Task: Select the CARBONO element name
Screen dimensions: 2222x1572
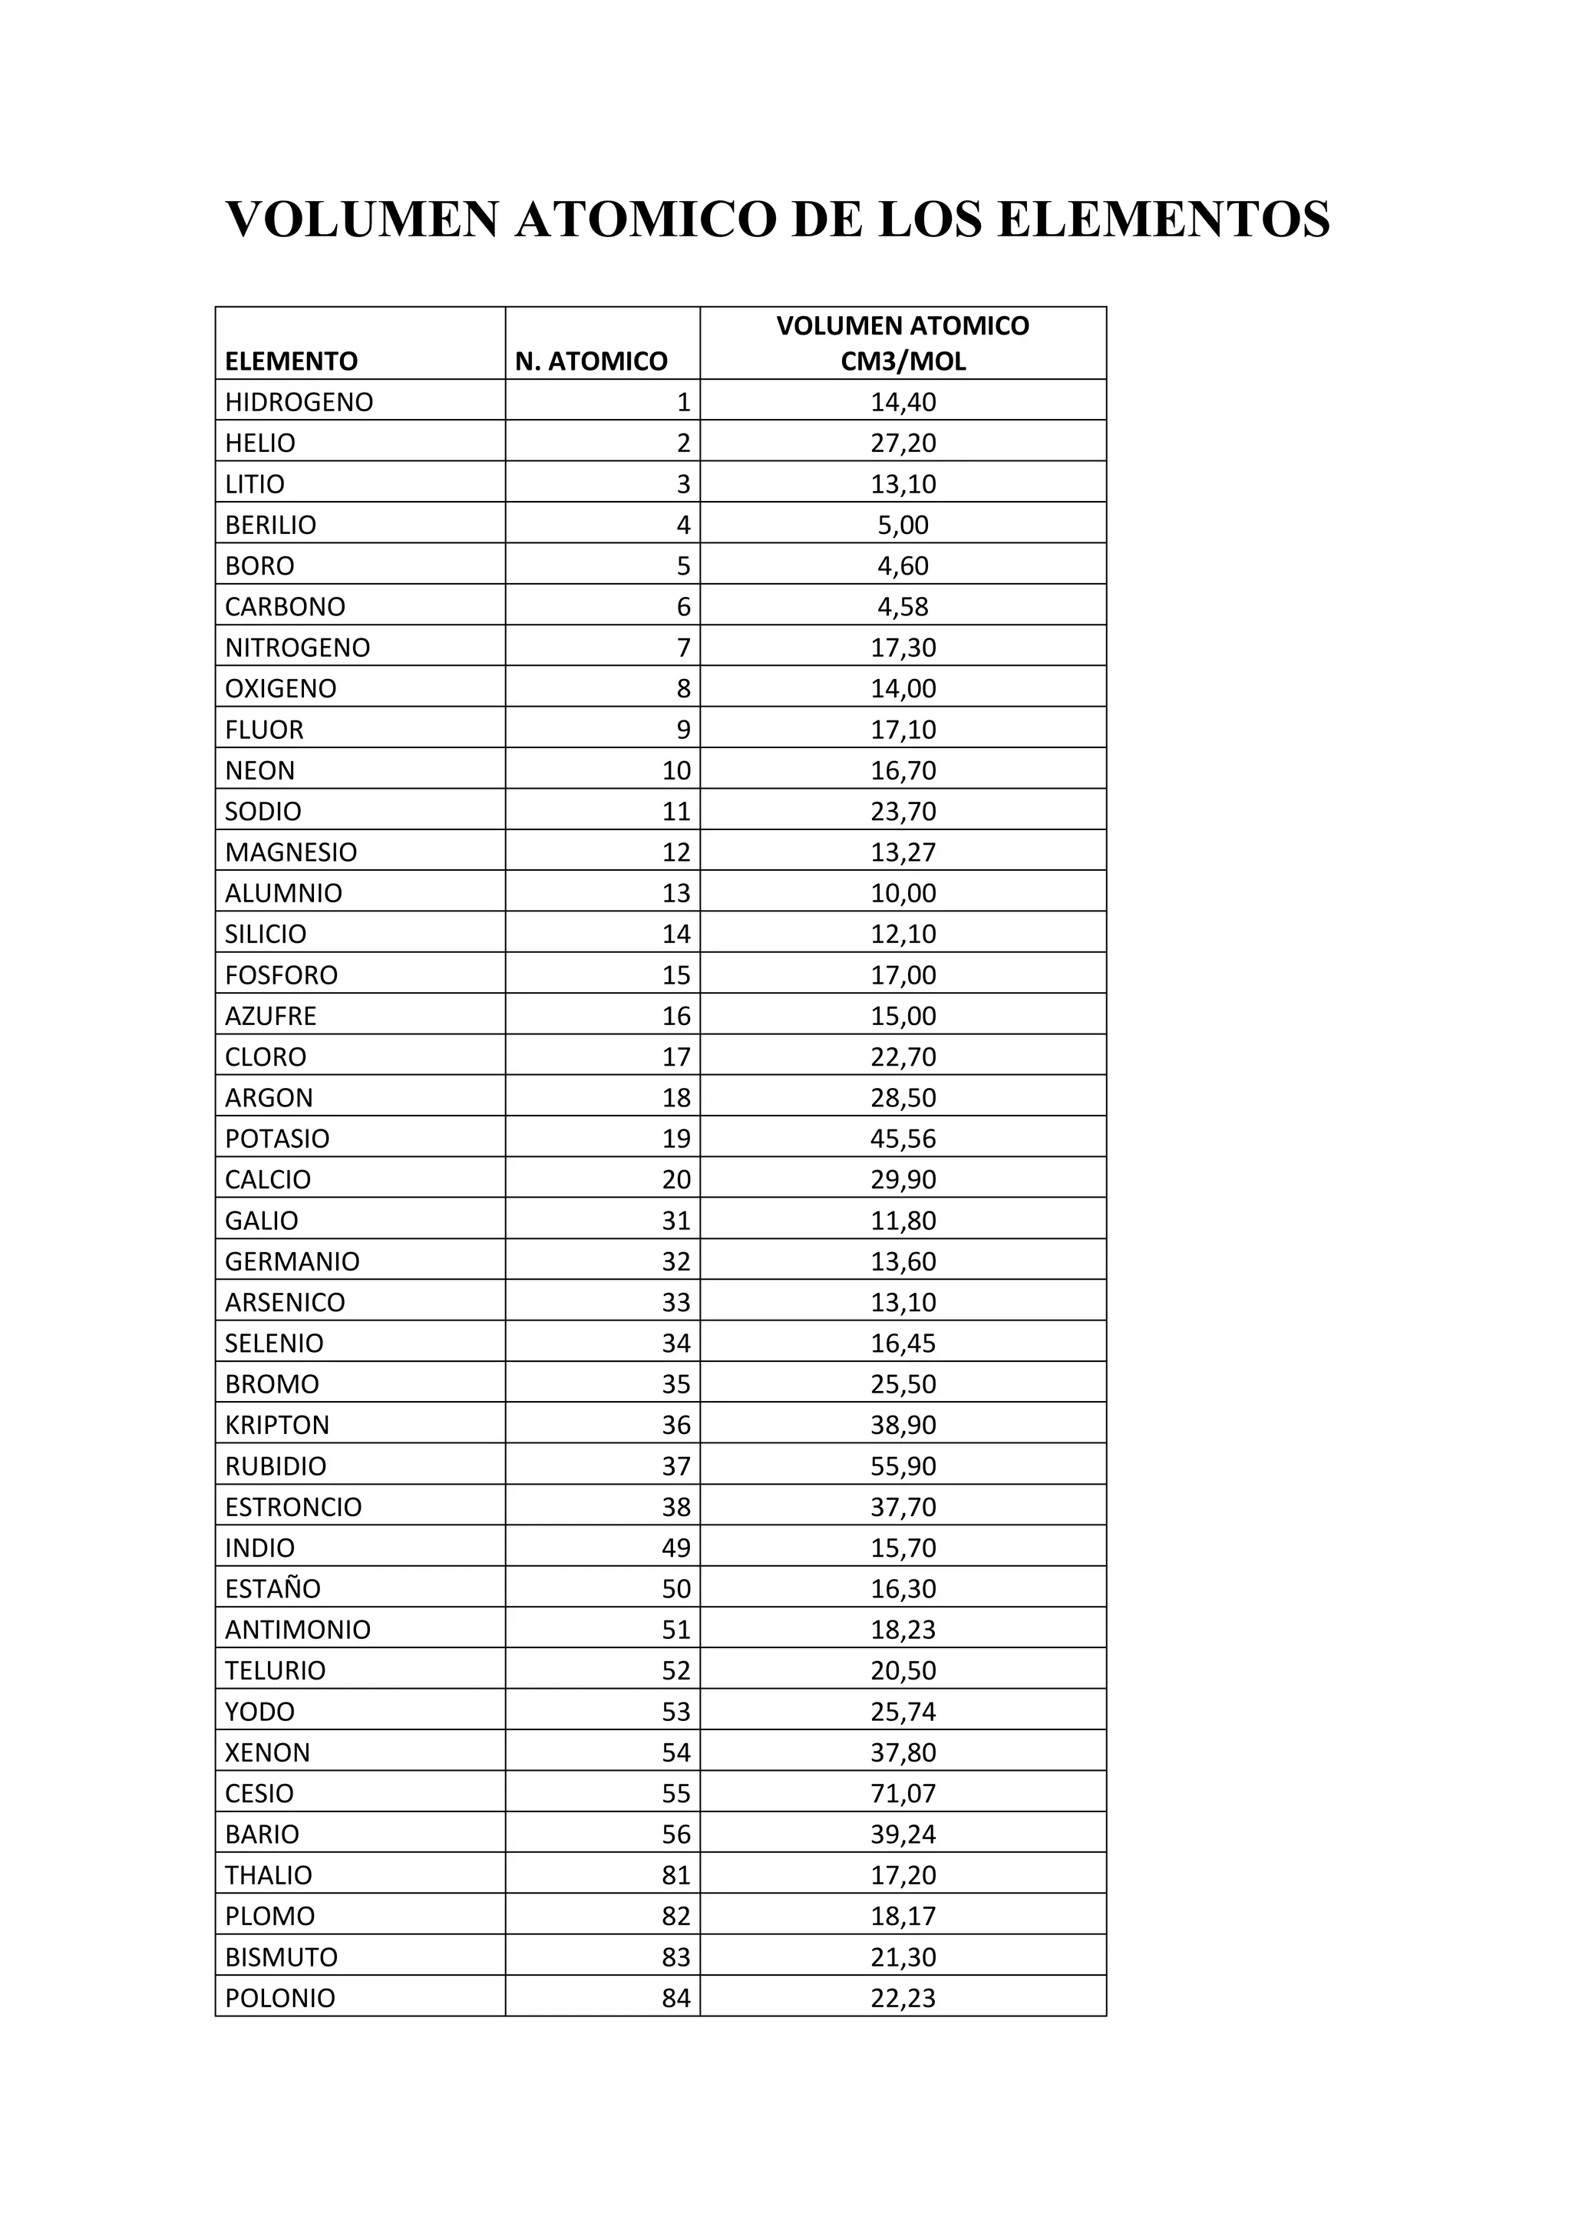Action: (285, 607)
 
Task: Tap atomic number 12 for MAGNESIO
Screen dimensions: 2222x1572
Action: (675, 852)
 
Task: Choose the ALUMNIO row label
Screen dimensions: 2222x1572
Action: (283, 893)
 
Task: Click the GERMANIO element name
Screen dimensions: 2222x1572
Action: (292, 1262)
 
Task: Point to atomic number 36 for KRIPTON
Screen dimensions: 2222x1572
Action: (675, 1426)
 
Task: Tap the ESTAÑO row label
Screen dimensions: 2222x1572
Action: (273, 1589)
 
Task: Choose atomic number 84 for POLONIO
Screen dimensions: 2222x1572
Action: (675, 1999)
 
